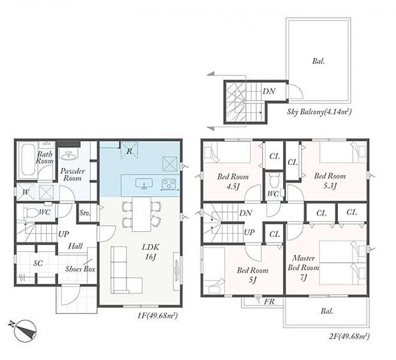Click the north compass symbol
[x=24, y=331]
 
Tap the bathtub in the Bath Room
[x=27, y=160]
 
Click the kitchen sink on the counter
[x=144, y=184]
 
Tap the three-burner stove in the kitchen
[x=169, y=184]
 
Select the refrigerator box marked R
[x=129, y=151]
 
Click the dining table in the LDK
[x=142, y=214]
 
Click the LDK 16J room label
[x=151, y=252]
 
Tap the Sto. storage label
[x=85, y=213]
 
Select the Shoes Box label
[x=80, y=269]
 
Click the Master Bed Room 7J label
[x=303, y=268]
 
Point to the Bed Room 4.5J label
[x=233, y=182]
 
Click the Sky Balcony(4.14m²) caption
[x=319, y=111]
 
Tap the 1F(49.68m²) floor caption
[x=158, y=315]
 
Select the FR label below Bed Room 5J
[x=270, y=301]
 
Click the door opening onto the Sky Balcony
[x=294, y=91]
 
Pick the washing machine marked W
[x=26, y=192]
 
